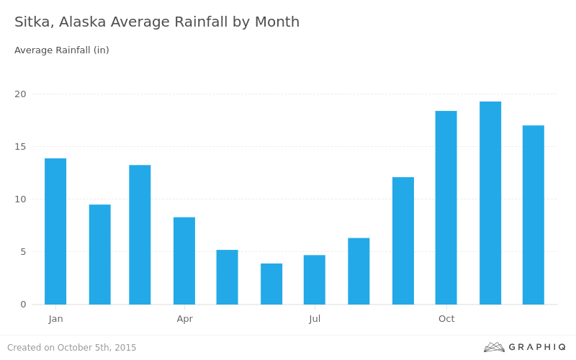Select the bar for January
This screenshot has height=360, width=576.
pyautogui.click(x=55, y=231)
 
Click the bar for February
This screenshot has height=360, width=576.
pyautogui.click(x=100, y=254)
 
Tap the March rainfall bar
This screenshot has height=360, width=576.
pyautogui.click(x=140, y=235)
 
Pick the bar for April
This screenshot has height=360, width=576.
pyautogui.click(x=184, y=261)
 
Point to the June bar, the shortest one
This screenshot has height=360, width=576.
pyautogui.click(x=271, y=284)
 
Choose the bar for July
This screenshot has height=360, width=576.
pyautogui.click(x=315, y=279)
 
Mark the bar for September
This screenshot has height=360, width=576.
pyautogui.click(x=403, y=240)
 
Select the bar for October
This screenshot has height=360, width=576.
pyautogui.click(x=446, y=207)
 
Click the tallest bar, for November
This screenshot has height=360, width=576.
pyautogui.click(x=490, y=203)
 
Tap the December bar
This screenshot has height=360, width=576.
pyautogui.click(x=534, y=215)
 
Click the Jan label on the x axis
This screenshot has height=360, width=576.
pyautogui.click(x=56, y=319)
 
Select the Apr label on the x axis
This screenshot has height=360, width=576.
pyautogui.click(x=185, y=319)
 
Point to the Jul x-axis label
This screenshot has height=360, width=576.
pyautogui.click(x=315, y=319)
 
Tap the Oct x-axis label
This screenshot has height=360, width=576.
pyautogui.click(x=446, y=319)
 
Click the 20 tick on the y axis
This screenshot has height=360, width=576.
pyautogui.click(x=20, y=94)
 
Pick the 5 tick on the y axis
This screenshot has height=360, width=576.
pyautogui.click(x=22, y=252)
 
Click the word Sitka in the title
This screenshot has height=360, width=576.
pyautogui.click(x=33, y=22)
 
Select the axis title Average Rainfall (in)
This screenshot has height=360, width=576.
pyautogui.click(x=62, y=50)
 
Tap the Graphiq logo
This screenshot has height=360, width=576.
pyautogui.click(x=525, y=347)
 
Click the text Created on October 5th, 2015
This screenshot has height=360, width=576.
pyautogui.click(x=72, y=348)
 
